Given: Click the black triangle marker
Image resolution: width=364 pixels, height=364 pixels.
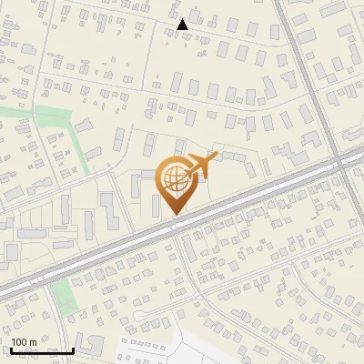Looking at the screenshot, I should (183, 25).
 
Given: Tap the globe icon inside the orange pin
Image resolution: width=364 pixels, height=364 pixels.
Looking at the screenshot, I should (174, 177).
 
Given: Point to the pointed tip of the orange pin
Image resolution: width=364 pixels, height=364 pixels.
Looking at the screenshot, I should (174, 214).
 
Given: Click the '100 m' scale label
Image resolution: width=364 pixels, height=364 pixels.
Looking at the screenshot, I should (24, 342).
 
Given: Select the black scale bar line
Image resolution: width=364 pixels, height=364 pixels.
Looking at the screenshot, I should (42, 350).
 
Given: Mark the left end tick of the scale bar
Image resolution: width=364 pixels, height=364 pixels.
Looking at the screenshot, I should (11, 349).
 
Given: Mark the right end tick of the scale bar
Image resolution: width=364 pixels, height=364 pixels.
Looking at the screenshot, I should (73, 349).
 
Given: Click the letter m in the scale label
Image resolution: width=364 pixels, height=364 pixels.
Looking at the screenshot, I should (33, 342).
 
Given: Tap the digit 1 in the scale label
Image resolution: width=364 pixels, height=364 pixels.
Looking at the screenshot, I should (14, 342).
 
